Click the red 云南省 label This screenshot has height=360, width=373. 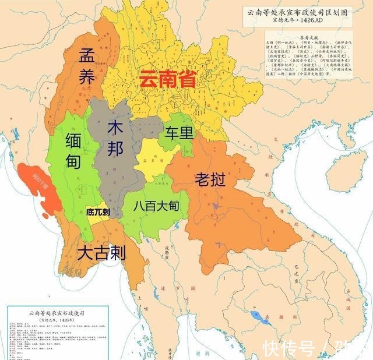point(167,79)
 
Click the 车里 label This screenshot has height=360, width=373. point(178,133)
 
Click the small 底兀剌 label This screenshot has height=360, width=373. point(97,212)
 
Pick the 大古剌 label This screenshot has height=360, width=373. point(102,252)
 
